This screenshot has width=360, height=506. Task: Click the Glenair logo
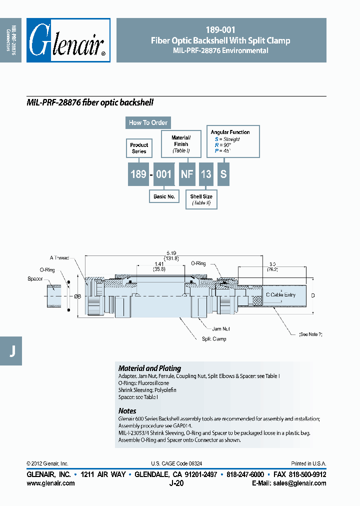point(68,40)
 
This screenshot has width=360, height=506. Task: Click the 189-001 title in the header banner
point(220,30)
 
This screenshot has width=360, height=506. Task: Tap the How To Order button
point(148,122)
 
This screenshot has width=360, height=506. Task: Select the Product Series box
point(139,148)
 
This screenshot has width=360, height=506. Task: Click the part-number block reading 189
point(138,174)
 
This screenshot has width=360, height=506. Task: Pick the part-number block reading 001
point(164,174)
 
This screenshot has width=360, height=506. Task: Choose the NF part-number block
point(187,174)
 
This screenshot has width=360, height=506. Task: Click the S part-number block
point(223,174)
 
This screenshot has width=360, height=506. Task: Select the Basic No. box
point(164,196)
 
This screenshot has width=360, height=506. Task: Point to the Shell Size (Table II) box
point(201,199)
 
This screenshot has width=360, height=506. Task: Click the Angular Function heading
point(230,132)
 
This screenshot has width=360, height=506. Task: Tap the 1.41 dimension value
point(159,263)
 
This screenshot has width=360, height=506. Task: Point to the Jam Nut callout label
point(220,329)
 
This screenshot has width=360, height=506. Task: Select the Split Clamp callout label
point(214,338)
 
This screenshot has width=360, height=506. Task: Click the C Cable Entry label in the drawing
point(280,295)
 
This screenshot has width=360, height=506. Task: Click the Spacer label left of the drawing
point(35,278)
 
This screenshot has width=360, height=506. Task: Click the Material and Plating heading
point(149,368)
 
